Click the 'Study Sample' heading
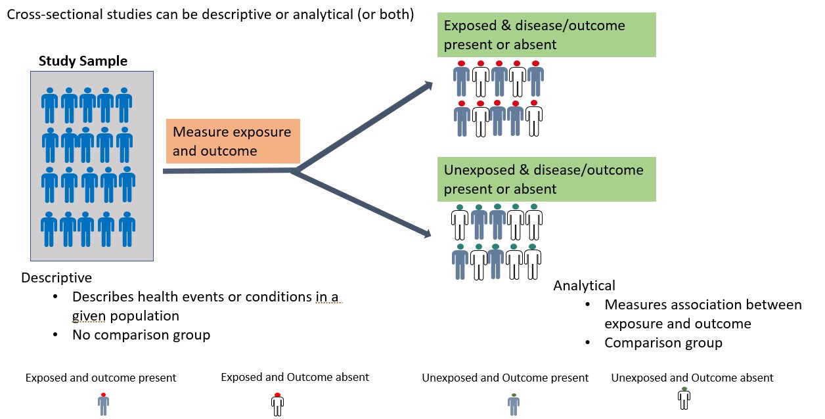click(83, 62)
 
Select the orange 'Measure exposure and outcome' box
click(233, 141)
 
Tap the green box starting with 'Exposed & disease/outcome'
click(546, 35)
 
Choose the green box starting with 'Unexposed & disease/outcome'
click(546, 179)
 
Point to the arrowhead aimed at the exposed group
click(428, 85)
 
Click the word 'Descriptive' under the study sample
click(56, 278)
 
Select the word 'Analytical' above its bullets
click(584, 286)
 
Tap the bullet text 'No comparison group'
click(141, 335)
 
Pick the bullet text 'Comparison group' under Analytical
click(663, 343)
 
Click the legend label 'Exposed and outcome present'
click(101, 378)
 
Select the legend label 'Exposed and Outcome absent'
click(295, 378)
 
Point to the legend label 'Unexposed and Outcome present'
click(505, 378)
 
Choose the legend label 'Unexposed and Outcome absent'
click(692, 378)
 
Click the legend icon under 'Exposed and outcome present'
click(103, 404)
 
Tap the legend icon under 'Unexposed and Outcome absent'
click(684, 399)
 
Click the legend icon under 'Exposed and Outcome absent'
click(277, 404)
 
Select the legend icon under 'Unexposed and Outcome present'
click(513, 404)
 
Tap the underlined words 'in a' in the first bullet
click(326, 297)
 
